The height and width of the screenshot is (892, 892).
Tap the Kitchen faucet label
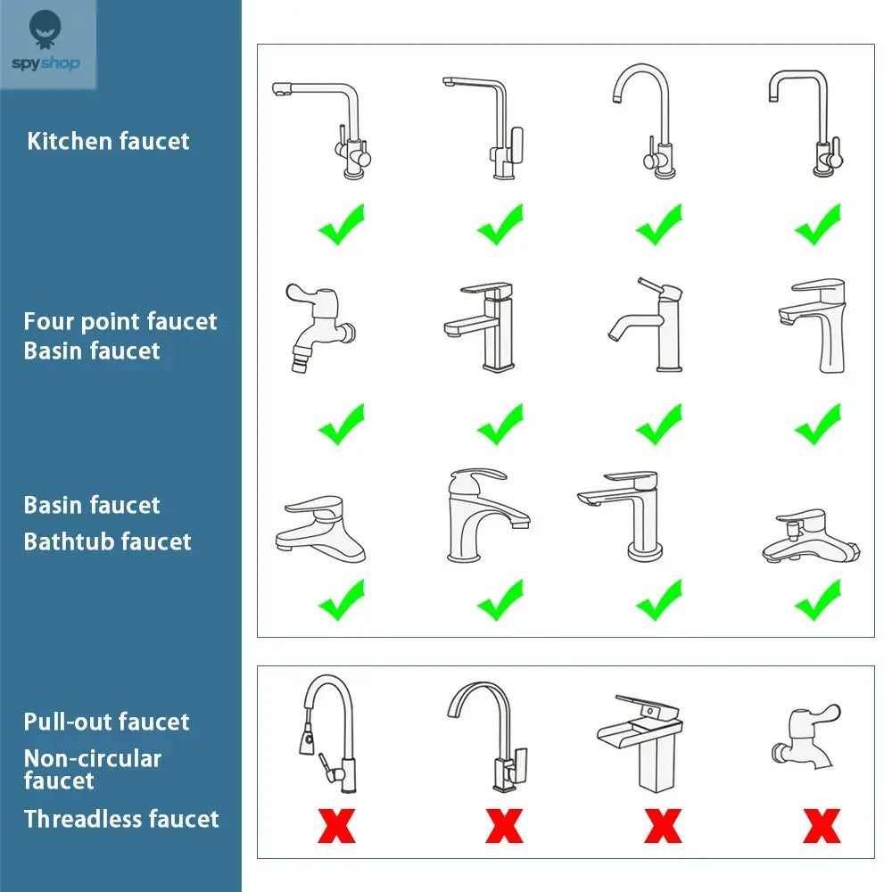[108, 141]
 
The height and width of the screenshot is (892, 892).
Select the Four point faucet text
[120, 321]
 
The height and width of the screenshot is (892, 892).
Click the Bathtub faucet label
[108, 541]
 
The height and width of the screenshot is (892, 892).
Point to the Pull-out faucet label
[107, 722]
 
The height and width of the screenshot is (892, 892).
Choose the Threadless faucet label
[121, 819]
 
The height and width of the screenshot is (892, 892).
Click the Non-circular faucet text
[92, 769]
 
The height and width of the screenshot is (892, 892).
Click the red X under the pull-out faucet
[336, 826]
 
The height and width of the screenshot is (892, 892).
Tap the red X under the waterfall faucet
[663, 826]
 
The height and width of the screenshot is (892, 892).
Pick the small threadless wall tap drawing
[805, 737]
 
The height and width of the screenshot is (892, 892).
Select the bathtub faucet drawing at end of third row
[811, 538]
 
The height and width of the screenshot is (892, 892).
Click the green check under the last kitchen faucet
[817, 225]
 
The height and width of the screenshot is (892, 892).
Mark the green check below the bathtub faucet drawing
[817, 600]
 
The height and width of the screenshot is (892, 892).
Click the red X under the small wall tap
[821, 826]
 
